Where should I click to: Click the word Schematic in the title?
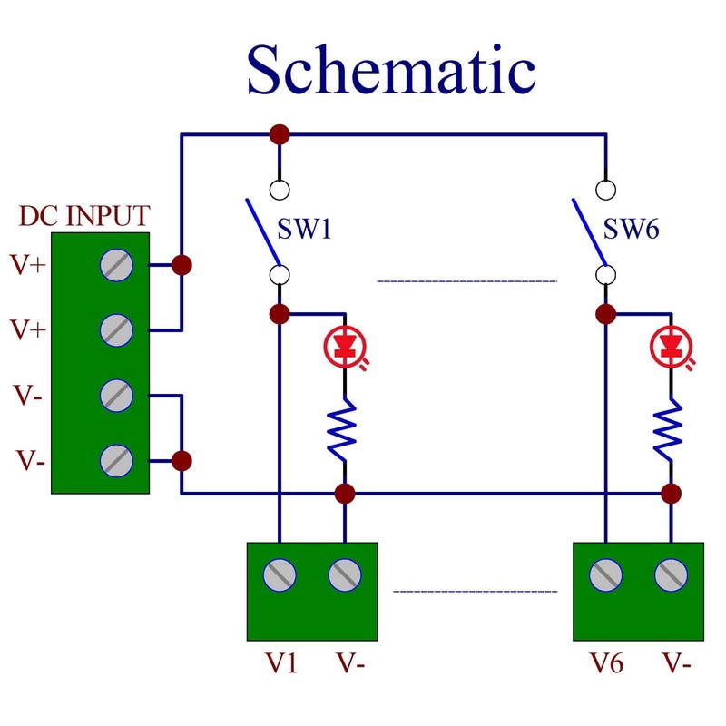point(390,71)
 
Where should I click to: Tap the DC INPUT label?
point(84,218)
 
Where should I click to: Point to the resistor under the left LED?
point(345,430)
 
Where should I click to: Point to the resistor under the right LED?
point(671,430)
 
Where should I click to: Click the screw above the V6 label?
point(605,574)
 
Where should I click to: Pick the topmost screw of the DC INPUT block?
point(117,265)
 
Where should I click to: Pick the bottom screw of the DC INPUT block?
point(117,460)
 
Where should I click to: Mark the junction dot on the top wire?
point(280,135)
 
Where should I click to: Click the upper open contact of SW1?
point(280,191)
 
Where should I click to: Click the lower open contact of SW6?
point(605,273)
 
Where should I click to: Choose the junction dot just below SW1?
point(280,314)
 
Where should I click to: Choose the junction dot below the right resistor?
point(671,494)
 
